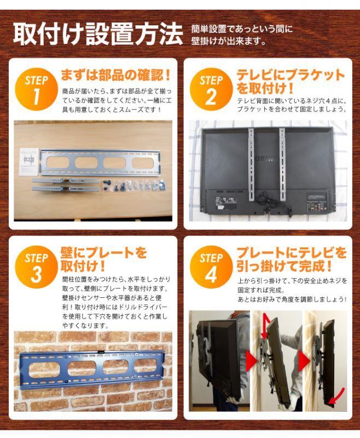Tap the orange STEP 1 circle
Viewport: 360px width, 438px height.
click(36, 90)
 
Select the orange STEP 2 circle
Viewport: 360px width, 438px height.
click(211, 90)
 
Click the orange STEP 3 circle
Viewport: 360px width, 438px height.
click(36, 267)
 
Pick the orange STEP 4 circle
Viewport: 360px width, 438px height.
click(211, 267)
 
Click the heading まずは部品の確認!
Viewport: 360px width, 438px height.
click(115, 75)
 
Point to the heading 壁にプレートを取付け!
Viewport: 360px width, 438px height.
click(104, 259)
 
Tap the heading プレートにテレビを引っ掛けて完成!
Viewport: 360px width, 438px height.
click(292, 259)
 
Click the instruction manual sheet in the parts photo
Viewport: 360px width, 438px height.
click(29, 162)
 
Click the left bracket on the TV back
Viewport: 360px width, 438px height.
click(252, 164)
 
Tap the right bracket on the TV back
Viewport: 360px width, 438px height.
click(282, 164)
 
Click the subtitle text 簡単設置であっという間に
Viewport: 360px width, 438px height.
click(242, 29)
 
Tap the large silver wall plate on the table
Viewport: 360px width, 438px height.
click(101, 163)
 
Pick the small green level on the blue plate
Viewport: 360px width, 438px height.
click(101, 352)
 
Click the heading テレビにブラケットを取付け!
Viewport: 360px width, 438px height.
click(291, 82)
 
